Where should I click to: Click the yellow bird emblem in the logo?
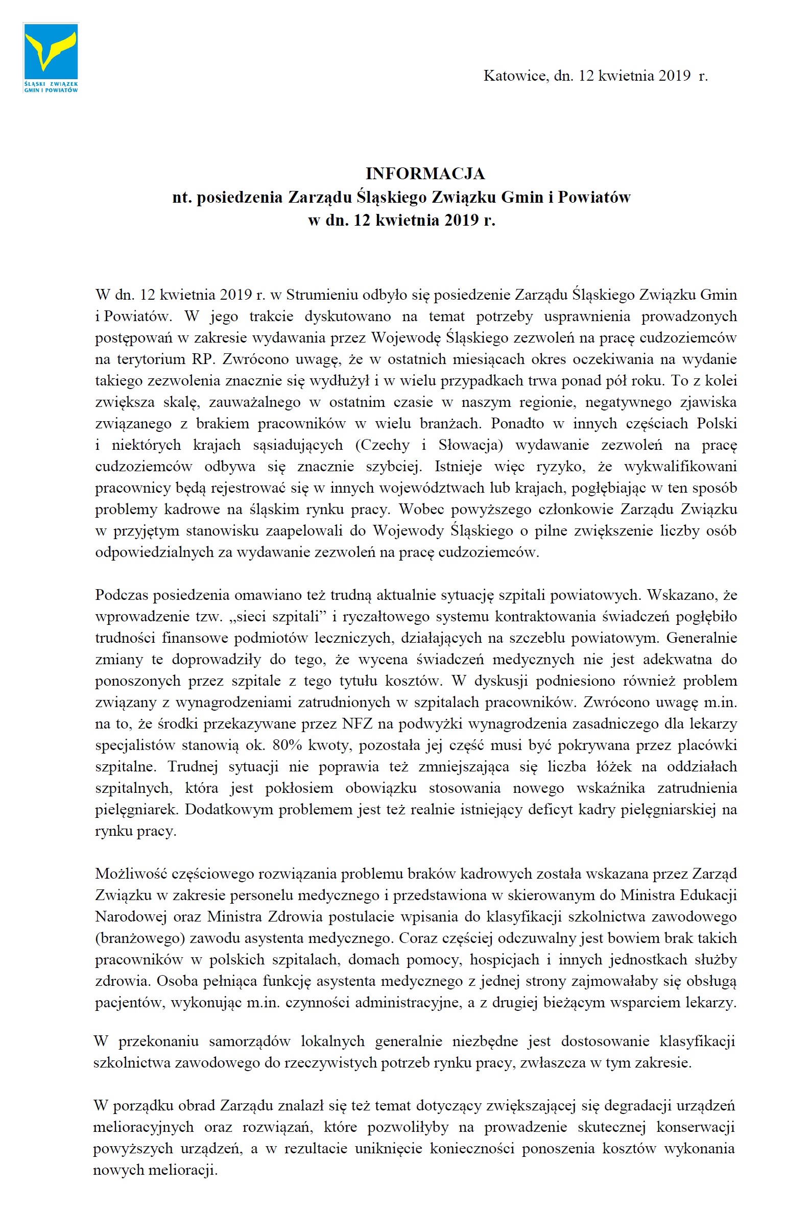[x=51, y=51]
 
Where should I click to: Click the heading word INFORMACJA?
[x=425, y=174]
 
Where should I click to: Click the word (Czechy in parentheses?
[x=382, y=445]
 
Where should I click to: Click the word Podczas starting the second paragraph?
[x=122, y=595]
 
